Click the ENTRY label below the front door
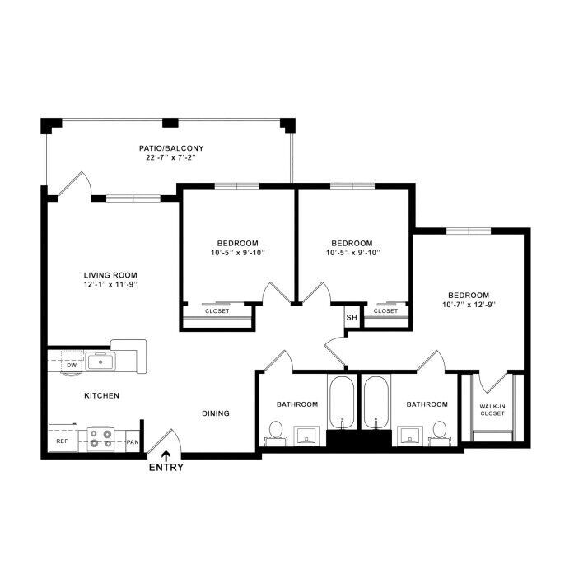[x=166, y=468]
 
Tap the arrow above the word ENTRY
[x=166, y=455]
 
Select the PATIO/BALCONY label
[x=171, y=148]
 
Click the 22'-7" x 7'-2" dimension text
[x=171, y=158]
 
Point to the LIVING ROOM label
[x=110, y=275]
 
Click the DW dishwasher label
[x=72, y=366]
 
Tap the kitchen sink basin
[x=100, y=362]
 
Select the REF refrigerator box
[x=63, y=438]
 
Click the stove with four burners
[x=101, y=439]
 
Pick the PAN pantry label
[x=133, y=442]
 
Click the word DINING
[x=216, y=413]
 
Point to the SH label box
[x=352, y=317]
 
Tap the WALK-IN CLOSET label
[x=492, y=410]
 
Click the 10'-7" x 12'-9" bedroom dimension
[x=469, y=305]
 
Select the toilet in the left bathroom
[x=276, y=432]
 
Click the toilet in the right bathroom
[x=440, y=432]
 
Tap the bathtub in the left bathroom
[x=342, y=403]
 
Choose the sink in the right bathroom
[x=410, y=436]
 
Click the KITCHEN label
[x=102, y=396]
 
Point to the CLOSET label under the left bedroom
[x=217, y=311]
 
